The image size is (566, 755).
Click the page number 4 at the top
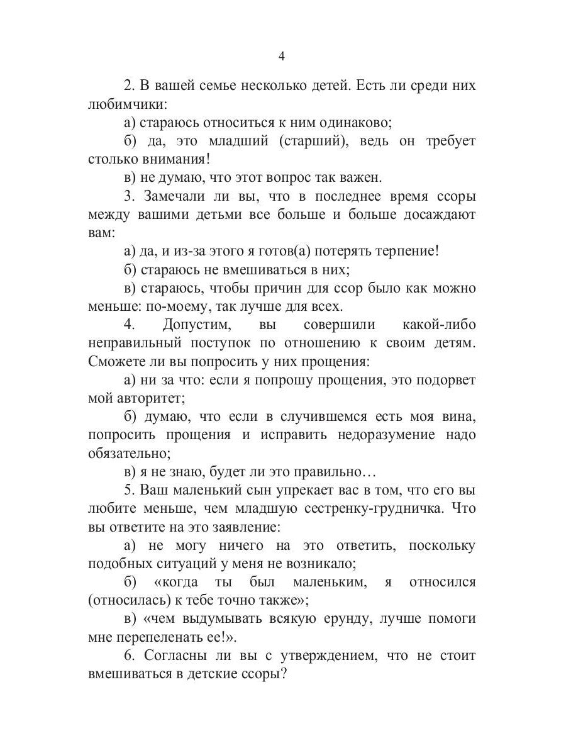282,56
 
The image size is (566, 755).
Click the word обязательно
129,453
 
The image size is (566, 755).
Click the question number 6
128,656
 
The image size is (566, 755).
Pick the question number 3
128,196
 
